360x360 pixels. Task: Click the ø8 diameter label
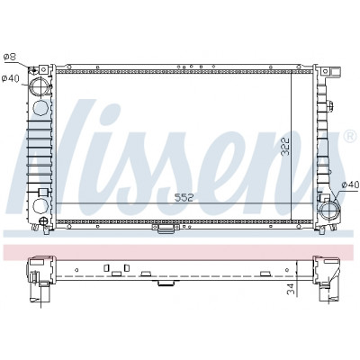pyautogui.click(x=10, y=57)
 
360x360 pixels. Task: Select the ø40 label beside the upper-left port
pyautogui.click(x=10, y=78)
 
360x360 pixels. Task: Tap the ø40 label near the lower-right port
pyautogui.click(x=350, y=184)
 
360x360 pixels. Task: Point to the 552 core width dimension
pyautogui.click(x=184, y=198)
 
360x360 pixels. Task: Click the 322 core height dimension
pyautogui.click(x=285, y=147)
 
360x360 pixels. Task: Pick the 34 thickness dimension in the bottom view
pyautogui.click(x=291, y=289)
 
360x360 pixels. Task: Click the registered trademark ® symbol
pyautogui.click(x=349, y=136)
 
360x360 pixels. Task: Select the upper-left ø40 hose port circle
pyautogui.click(x=40, y=86)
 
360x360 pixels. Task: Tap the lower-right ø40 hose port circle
pyautogui.click(x=329, y=211)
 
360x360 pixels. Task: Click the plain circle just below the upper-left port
pyautogui.click(x=40, y=108)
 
